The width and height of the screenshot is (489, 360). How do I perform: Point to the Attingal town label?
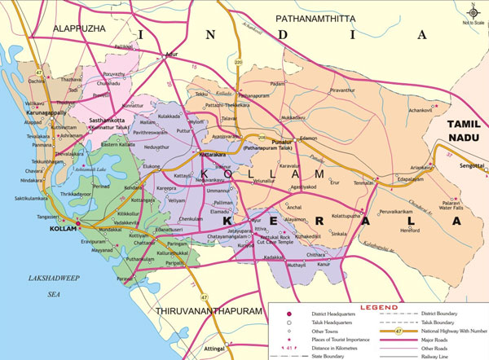click(234, 347)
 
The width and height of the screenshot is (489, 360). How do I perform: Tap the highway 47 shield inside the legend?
click(397, 331)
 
